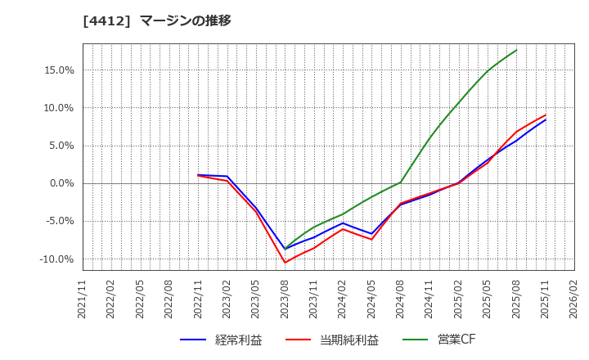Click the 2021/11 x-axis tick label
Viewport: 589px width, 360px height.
(x=83, y=299)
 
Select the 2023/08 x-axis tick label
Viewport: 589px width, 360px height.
(x=285, y=299)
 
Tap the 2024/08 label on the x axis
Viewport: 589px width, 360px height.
(x=401, y=299)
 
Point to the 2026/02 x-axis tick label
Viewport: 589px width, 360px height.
(x=573, y=299)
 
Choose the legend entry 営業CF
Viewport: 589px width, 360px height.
(x=438, y=340)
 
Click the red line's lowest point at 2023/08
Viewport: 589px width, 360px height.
(x=285, y=263)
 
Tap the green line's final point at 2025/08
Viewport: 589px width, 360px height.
(x=516, y=50)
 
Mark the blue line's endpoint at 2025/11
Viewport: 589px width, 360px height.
(x=546, y=119)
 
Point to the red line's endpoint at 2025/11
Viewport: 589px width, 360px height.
(x=546, y=115)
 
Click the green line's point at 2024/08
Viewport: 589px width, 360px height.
(x=401, y=182)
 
